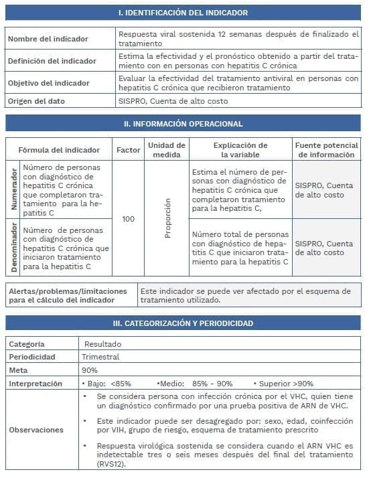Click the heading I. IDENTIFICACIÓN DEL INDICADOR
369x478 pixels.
[x=183, y=13]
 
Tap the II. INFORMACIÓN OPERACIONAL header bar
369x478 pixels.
[x=183, y=124]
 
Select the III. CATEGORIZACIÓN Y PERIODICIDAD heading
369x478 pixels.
[x=183, y=323]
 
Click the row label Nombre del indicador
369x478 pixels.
[x=48, y=39]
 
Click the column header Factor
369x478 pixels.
[x=128, y=150]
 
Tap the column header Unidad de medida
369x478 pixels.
[x=166, y=150]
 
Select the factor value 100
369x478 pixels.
[x=128, y=219]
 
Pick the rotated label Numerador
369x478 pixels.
[x=13, y=189]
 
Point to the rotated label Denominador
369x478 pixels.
[x=13, y=248]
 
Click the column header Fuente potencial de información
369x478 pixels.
[x=327, y=150]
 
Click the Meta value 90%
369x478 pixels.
[x=90, y=370]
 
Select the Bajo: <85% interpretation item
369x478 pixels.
[x=105, y=384]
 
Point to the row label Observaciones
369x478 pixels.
[x=37, y=430]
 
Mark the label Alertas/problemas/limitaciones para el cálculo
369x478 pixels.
[x=67, y=295]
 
